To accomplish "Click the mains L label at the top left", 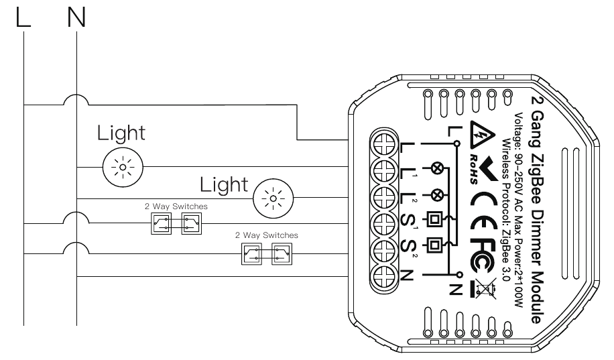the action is pyautogui.click(x=23, y=18).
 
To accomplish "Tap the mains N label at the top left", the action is pyautogui.click(x=76, y=18).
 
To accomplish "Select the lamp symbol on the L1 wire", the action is pyautogui.click(x=123, y=168).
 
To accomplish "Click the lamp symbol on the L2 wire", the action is pyautogui.click(x=273, y=198).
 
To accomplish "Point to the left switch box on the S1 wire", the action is pyautogui.click(x=162, y=224).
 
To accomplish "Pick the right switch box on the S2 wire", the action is pyautogui.click(x=282, y=254).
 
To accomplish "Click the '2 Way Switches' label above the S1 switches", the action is pyautogui.click(x=176, y=206).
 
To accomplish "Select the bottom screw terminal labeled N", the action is pyautogui.click(x=383, y=276).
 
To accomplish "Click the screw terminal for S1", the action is pyautogui.click(x=383, y=223).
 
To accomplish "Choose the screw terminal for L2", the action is pyautogui.click(x=383, y=196).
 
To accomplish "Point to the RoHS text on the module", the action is pyautogui.click(x=474, y=169).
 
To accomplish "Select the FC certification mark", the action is pyautogui.click(x=483, y=256).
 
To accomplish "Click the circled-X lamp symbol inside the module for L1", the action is pyautogui.click(x=436, y=169).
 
